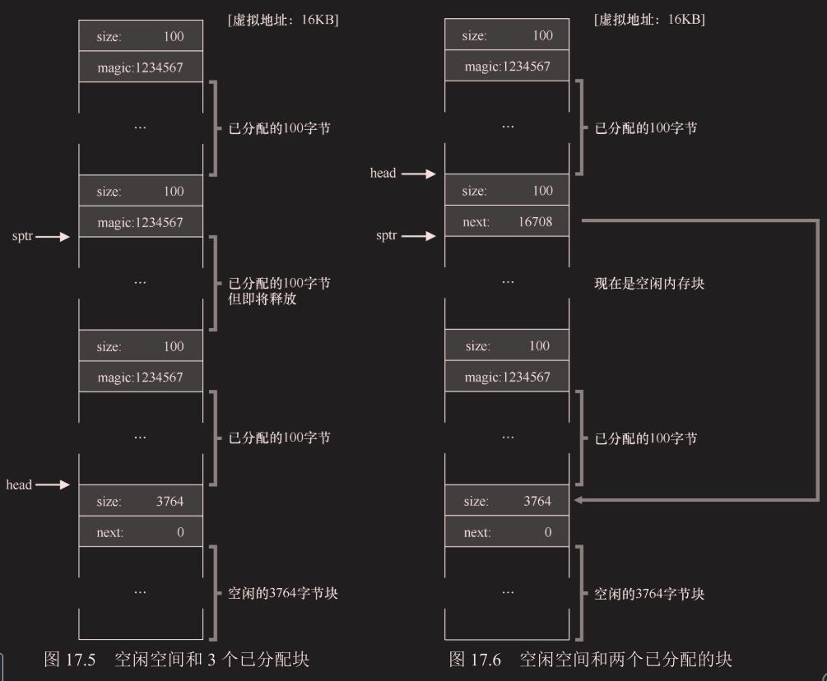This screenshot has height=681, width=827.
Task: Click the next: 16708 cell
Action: click(507, 221)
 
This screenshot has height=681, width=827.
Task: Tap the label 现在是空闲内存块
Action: click(648, 284)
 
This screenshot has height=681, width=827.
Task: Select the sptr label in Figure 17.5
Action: click(23, 237)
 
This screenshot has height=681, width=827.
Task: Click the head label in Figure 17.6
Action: click(383, 174)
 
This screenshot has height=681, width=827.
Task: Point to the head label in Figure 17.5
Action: click(19, 485)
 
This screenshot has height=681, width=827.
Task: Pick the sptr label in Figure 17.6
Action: click(387, 236)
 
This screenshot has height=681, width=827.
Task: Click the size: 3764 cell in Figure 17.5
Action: click(141, 501)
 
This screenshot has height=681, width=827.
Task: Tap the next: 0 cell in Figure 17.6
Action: click(507, 532)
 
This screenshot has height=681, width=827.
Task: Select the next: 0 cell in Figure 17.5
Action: click(141, 532)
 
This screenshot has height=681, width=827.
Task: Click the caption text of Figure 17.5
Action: click(177, 659)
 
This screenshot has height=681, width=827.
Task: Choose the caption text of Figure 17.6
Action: click(590, 659)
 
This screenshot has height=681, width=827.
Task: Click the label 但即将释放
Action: click(263, 299)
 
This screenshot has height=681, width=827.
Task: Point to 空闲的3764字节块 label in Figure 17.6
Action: click(649, 594)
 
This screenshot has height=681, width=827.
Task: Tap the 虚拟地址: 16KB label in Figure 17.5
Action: click(282, 20)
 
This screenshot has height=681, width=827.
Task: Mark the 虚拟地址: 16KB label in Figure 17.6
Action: click(649, 20)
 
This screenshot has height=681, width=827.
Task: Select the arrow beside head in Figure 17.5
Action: click(53, 485)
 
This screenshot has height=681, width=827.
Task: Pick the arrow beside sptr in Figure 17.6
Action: click(420, 236)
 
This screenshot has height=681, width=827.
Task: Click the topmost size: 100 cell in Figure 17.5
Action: click(141, 36)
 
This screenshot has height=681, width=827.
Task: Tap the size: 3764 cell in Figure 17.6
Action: click(507, 501)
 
